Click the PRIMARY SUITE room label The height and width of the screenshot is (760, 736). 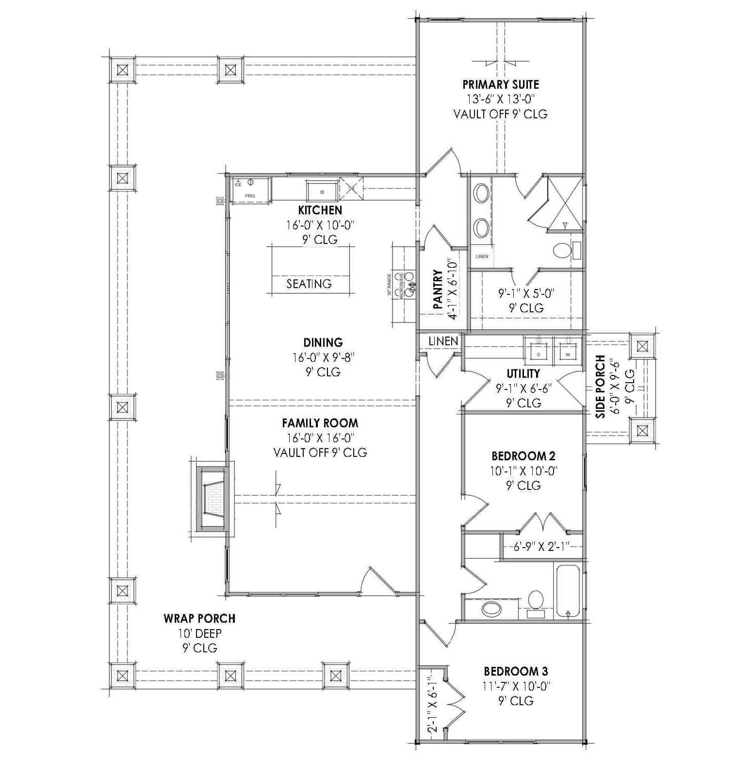(500, 84)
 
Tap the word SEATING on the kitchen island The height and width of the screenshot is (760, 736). (309, 284)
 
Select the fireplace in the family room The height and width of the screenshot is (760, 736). (213, 499)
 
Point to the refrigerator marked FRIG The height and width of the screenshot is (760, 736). (250, 190)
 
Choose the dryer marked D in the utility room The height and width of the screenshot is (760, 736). (538, 350)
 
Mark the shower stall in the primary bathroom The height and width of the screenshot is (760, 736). (565, 202)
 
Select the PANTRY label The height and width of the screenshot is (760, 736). (438, 290)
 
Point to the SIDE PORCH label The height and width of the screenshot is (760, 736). (601, 387)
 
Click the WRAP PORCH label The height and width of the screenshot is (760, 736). (199, 618)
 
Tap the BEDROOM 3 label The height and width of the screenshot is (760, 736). (516, 671)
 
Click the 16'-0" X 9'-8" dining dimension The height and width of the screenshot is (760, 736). (323, 357)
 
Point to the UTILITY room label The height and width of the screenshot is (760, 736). (523, 373)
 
